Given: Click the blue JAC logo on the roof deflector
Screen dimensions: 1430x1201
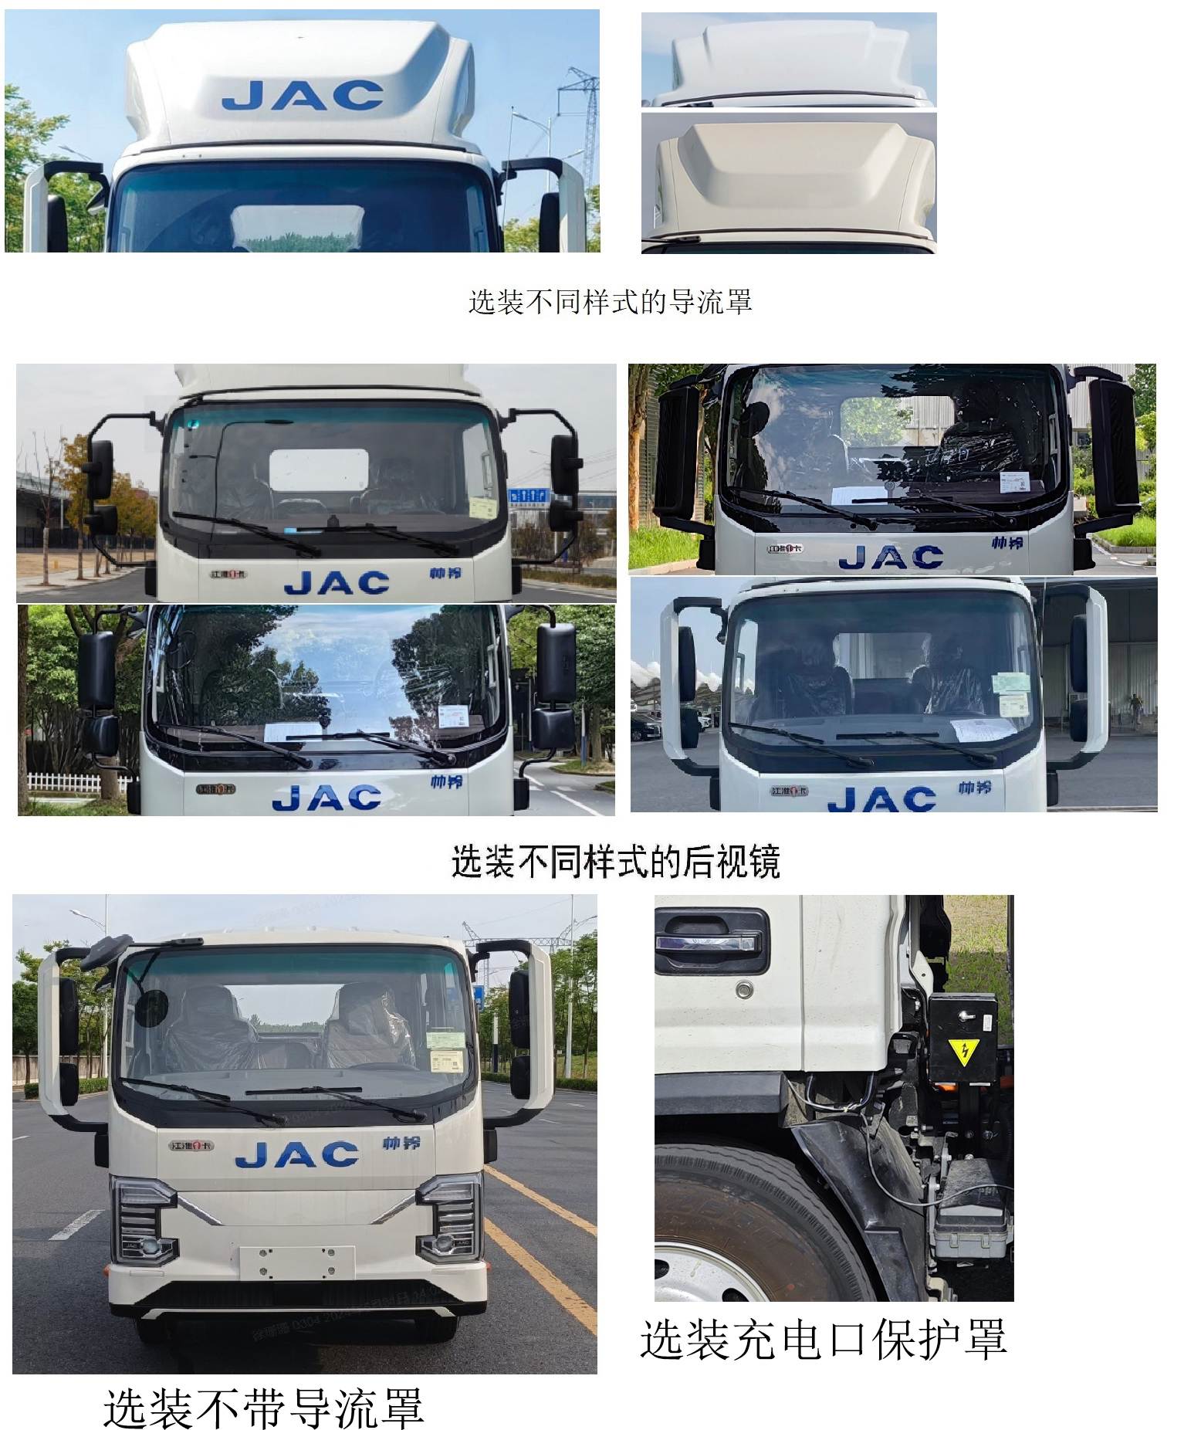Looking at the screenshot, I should click(303, 95).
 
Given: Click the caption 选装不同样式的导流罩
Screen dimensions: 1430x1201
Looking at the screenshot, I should click(610, 302).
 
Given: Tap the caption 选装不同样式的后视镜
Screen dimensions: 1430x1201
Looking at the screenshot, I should click(615, 862).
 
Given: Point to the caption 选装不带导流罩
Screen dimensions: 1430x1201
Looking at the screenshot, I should click(263, 1407).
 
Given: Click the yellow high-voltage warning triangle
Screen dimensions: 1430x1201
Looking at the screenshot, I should click(963, 1050).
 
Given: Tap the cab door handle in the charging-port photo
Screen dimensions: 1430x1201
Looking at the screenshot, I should click(711, 942).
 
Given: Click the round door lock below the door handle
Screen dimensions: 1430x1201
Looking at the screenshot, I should click(744, 989).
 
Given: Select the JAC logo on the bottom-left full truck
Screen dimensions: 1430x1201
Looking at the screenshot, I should click(297, 1154).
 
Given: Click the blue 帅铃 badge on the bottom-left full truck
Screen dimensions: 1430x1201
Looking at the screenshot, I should click(401, 1142).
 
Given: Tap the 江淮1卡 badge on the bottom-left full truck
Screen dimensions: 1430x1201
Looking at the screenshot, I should click(191, 1145).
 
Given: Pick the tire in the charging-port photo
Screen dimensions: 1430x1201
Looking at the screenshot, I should click(741, 1228).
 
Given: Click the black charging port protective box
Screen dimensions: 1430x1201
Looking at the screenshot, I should click(962, 1039).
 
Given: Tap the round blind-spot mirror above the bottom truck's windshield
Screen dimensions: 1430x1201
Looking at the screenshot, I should click(151, 1007).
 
